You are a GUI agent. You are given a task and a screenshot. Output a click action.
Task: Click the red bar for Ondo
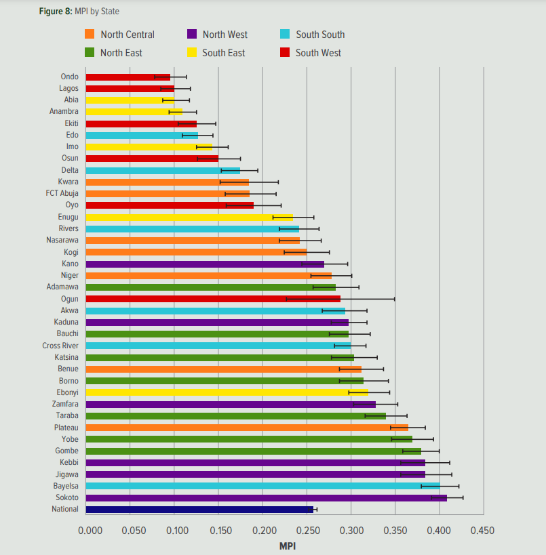(128, 77)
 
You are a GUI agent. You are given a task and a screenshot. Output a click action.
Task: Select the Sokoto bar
(267, 497)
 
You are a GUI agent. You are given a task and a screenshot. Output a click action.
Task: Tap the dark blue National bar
(200, 509)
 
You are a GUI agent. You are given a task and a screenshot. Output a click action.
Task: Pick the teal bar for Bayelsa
(263, 486)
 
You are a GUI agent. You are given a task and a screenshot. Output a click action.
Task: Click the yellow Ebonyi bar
(227, 392)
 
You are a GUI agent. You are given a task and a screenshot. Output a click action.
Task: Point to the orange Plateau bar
(248, 428)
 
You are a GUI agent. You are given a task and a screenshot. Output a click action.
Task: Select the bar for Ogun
(213, 299)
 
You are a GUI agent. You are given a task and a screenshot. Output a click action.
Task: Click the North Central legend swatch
(90, 35)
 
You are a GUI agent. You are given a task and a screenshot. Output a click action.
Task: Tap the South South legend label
(320, 35)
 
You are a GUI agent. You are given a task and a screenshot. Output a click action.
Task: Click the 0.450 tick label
(482, 530)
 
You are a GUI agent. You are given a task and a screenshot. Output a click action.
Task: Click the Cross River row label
(60, 346)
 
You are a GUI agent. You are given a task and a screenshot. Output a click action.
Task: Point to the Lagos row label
(69, 88)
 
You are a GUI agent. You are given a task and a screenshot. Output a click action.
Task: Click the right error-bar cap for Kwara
(278, 182)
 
